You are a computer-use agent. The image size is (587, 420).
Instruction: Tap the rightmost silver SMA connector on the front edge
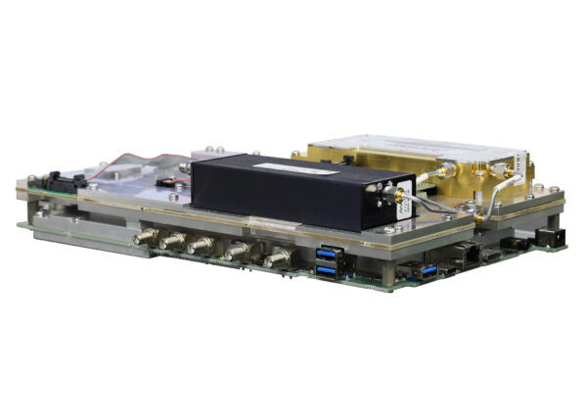click(x=278, y=258)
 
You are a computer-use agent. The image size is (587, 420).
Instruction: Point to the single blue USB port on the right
click(x=429, y=269)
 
